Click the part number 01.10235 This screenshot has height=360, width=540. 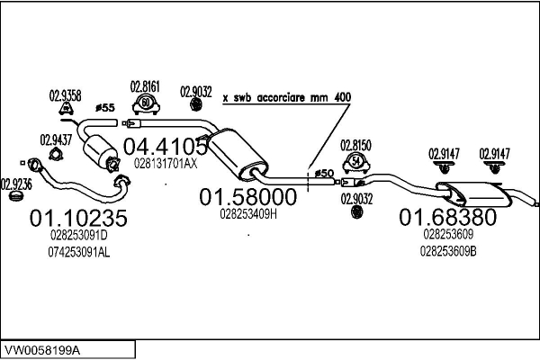[x=79, y=218]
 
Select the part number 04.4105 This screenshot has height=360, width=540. [x=164, y=146]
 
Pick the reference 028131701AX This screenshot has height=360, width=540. [x=165, y=164]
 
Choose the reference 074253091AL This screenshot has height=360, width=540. [x=79, y=253]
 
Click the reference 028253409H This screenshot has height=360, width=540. [x=247, y=215]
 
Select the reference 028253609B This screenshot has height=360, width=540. [x=448, y=251]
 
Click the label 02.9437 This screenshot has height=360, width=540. [x=57, y=139]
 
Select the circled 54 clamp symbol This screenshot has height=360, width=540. [x=357, y=163]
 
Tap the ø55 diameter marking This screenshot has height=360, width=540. [x=105, y=108]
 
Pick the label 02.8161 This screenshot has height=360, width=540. [x=146, y=86]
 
